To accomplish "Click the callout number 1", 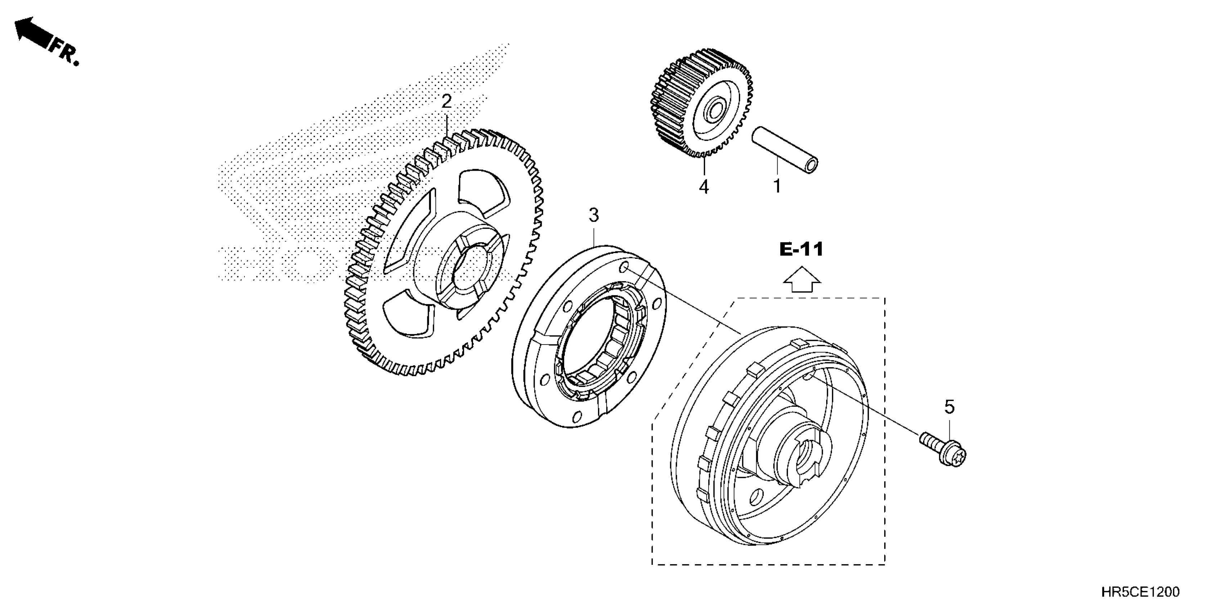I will pyautogui.click(x=777, y=186).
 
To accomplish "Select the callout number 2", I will pyautogui.click(x=446, y=101).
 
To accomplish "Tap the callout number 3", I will pyautogui.click(x=594, y=215).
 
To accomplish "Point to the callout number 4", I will pyautogui.click(x=704, y=187).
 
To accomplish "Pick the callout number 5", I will pyautogui.click(x=949, y=407).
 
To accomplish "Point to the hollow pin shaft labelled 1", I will pyautogui.click(x=784, y=151).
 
